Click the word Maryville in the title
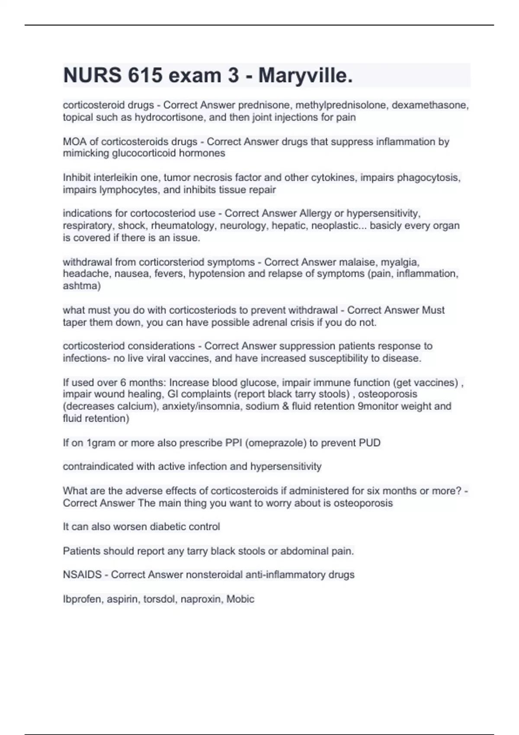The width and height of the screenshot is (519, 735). (305, 76)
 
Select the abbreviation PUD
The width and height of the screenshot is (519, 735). (370, 443)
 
